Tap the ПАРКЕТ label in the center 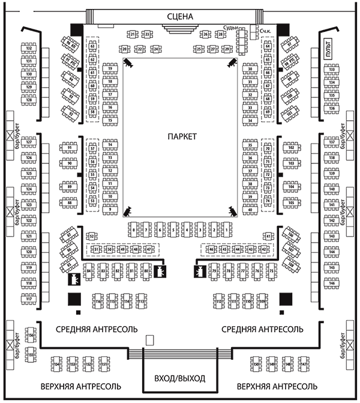tap(182, 137)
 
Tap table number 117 tap(29, 299)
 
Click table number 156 tap(31, 336)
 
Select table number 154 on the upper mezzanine tap(57, 365)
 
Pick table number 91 tap(70, 147)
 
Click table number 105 tap(292, 203)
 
